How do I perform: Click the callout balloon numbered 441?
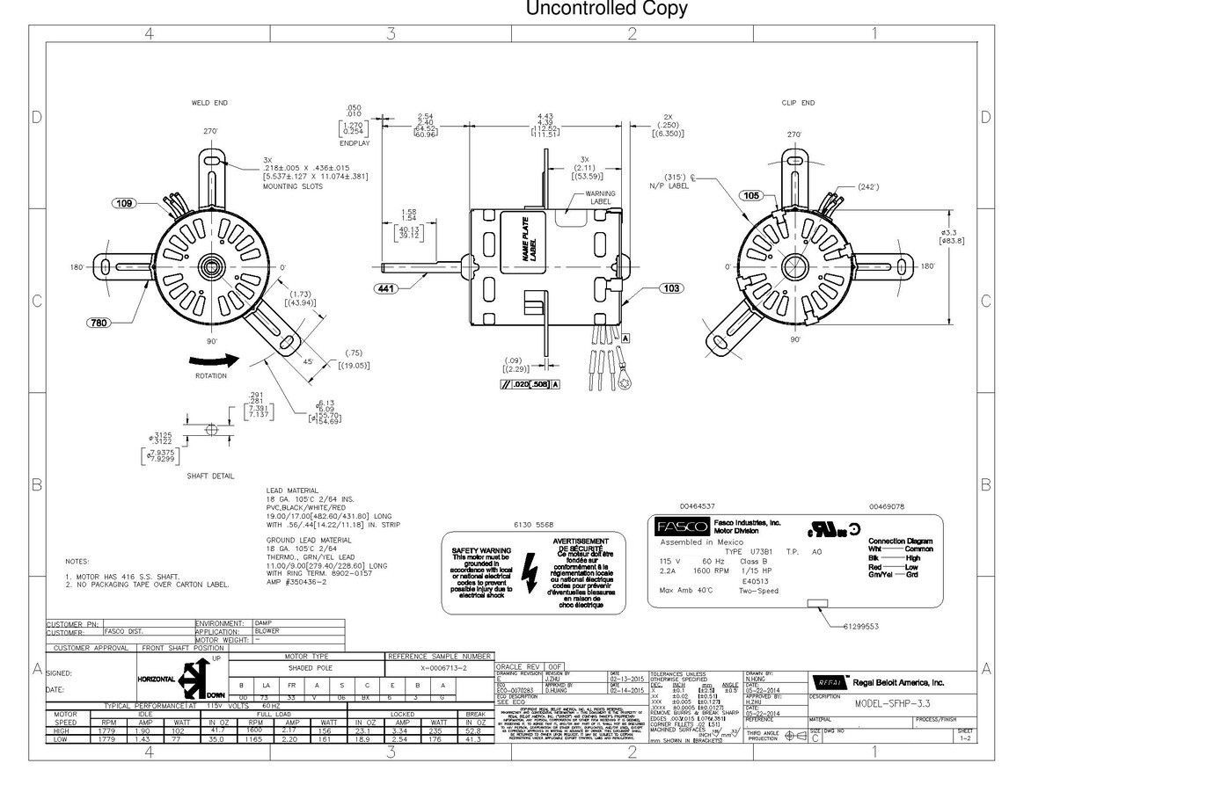coord(387,288)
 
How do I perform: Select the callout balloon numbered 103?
coord(671,288)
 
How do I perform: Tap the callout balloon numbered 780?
coord(99,323)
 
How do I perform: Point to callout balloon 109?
coord(125,203)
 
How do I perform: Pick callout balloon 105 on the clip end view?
coord(751,195)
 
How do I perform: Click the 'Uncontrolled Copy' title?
coord(606,10)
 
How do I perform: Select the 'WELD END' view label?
coord(209,103)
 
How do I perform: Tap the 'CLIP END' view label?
coord(798,103)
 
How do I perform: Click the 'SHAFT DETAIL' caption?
coord(210,476)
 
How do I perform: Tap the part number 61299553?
coord(860,626)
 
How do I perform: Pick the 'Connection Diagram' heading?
coord(900,542)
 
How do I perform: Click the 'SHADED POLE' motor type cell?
coord(307,668)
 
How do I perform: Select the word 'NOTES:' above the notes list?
coord(77,561)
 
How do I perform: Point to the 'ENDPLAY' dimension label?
coord(355,142)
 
